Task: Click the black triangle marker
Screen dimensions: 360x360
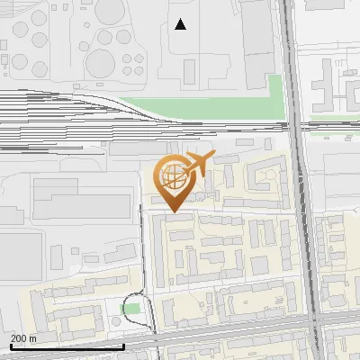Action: [x=181, y=24]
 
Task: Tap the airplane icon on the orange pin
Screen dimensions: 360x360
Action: [x=197, y=165]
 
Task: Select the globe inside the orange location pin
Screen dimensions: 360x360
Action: [x=172, y=175]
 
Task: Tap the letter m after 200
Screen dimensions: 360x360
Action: [x=32, y=338]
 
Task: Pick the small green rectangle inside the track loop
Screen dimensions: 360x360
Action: [x=132, y=310]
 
